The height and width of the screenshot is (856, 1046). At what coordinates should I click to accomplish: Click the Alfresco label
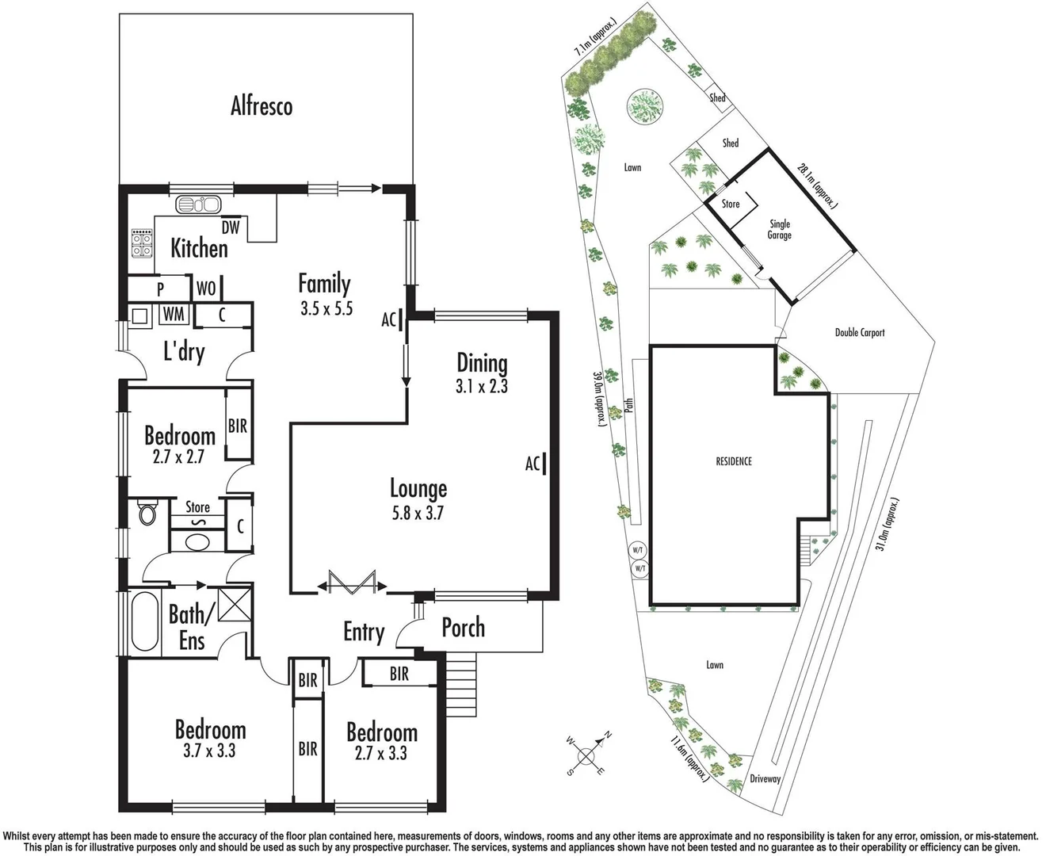261,106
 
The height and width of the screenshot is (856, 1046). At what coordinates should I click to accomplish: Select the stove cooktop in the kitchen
142,243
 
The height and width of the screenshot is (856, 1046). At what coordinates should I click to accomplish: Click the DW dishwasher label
230,228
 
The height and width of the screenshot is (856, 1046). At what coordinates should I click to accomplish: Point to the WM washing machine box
174,315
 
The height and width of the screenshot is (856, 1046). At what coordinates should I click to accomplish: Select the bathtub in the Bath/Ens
143,622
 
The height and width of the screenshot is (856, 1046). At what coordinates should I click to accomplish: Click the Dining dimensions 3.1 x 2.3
482,387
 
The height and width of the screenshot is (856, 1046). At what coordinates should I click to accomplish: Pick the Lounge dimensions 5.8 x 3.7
418,513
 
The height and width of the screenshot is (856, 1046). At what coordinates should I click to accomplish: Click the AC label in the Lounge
533,464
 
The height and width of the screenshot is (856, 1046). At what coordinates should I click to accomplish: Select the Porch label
463,628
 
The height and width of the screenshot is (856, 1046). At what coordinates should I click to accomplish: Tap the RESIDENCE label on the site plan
733,461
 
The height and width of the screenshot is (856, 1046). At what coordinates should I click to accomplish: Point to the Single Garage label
779,230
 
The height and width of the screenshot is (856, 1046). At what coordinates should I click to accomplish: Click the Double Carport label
859,333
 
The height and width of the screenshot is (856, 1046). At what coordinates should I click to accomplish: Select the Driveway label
765,779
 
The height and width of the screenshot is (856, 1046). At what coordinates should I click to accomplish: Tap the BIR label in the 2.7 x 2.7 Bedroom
238,426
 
